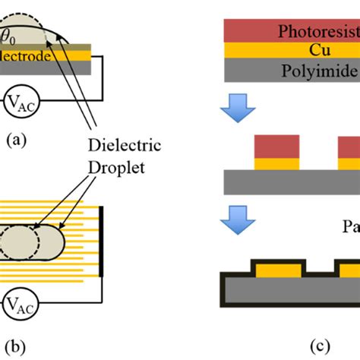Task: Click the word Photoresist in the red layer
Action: (316, 33)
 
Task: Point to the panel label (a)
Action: (14, 139)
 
